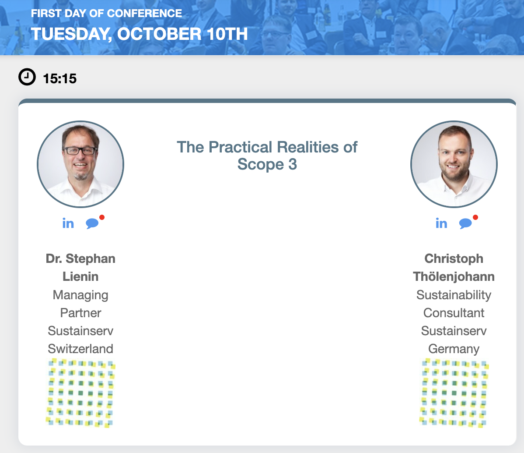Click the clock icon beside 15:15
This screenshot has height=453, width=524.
click(x=27, y=77)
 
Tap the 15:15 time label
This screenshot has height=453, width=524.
click(x=60, y=79)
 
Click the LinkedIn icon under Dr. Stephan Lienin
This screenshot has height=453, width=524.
click(x=68, y=223)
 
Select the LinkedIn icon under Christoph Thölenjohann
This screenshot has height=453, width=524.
click(x=441, y=223)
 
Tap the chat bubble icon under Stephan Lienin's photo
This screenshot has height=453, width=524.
click(x=92, y=223)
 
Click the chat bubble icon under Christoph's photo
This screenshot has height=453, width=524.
click(x=465, y=223)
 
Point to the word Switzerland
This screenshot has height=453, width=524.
click(x=80, y=349)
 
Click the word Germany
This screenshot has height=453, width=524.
click(x=454, y=349)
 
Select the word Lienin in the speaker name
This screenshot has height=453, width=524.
click(x=80, y=276)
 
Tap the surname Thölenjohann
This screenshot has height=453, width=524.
click(x=454, y=276)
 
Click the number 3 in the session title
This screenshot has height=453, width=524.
click(x=293, y=164)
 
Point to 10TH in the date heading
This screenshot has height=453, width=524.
click(x=227, y=34)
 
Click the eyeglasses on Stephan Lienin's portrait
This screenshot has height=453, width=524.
click(x=80, y=151)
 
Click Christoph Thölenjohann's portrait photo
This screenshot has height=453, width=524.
click(x=454, y=164)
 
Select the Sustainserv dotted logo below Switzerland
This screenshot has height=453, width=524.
click(x=80, y=393)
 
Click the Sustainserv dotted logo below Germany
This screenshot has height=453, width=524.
click(x=454, y=393)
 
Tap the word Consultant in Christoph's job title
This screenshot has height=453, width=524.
click(x=454, y=313)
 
